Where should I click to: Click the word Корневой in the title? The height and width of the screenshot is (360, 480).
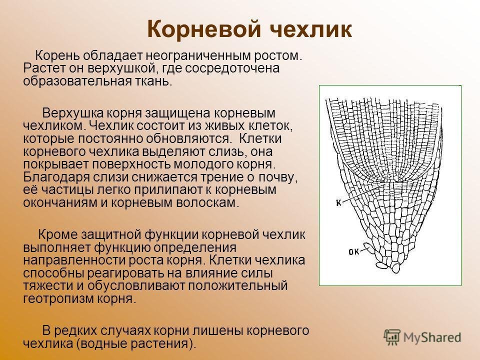204,30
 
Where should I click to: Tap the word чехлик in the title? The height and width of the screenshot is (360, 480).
311,29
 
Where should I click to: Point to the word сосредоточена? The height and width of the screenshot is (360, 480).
232,68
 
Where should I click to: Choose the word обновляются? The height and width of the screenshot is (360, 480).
188,138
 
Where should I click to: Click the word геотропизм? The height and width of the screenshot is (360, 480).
58,298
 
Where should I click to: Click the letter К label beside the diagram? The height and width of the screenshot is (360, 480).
339,202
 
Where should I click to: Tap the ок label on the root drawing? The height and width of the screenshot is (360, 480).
354,252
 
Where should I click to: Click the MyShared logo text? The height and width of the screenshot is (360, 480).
432,337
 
